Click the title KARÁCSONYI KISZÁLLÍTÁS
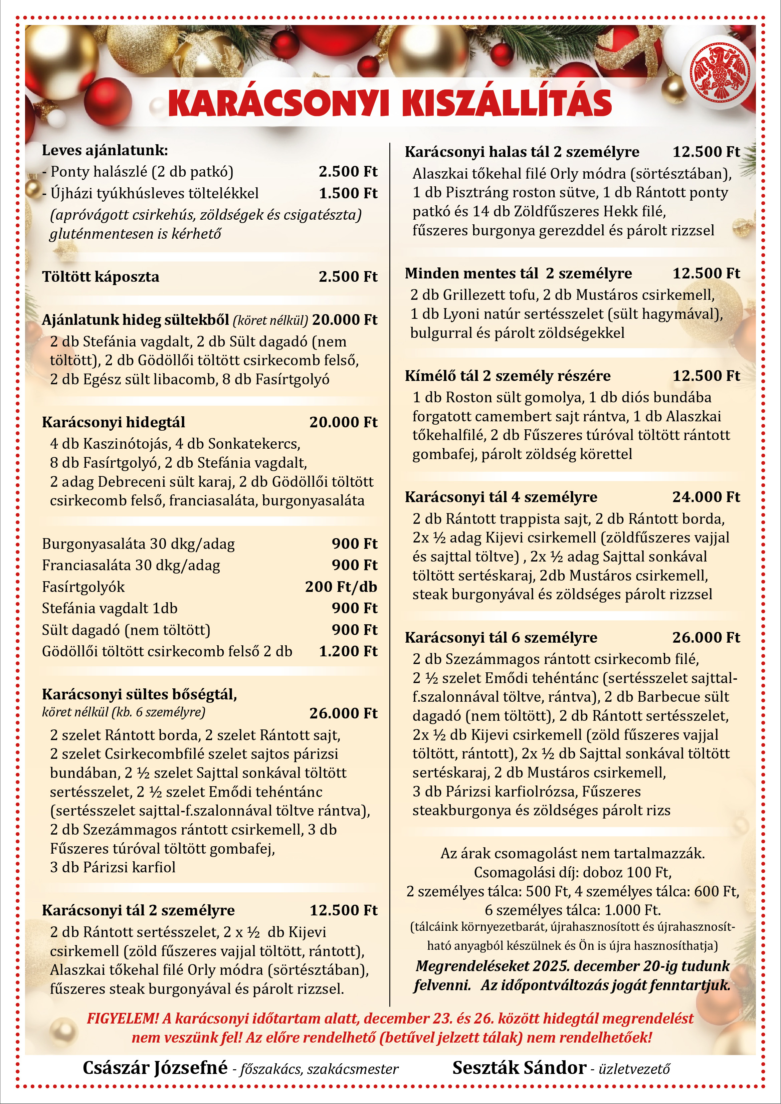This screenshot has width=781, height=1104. tap(390, 102)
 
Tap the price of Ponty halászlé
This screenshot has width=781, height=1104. tap(348, 172)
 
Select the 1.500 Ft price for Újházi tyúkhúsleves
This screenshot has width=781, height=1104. tap(348, 193)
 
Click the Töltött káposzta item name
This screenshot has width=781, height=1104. tap(101, 277)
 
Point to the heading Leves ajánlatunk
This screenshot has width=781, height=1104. tap(105, 151)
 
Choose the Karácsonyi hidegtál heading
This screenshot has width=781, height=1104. tap(114, 422)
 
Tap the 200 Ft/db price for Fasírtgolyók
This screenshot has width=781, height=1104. tap(341, 587)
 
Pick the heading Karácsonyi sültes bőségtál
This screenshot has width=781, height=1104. tap(140, 694)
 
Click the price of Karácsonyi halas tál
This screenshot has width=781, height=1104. tap(706, 152)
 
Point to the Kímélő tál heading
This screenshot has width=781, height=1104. tap(507, 376)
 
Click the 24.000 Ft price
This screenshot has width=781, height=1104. tap(706, 497)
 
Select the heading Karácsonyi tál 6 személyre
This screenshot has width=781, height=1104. tap(501, 638)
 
